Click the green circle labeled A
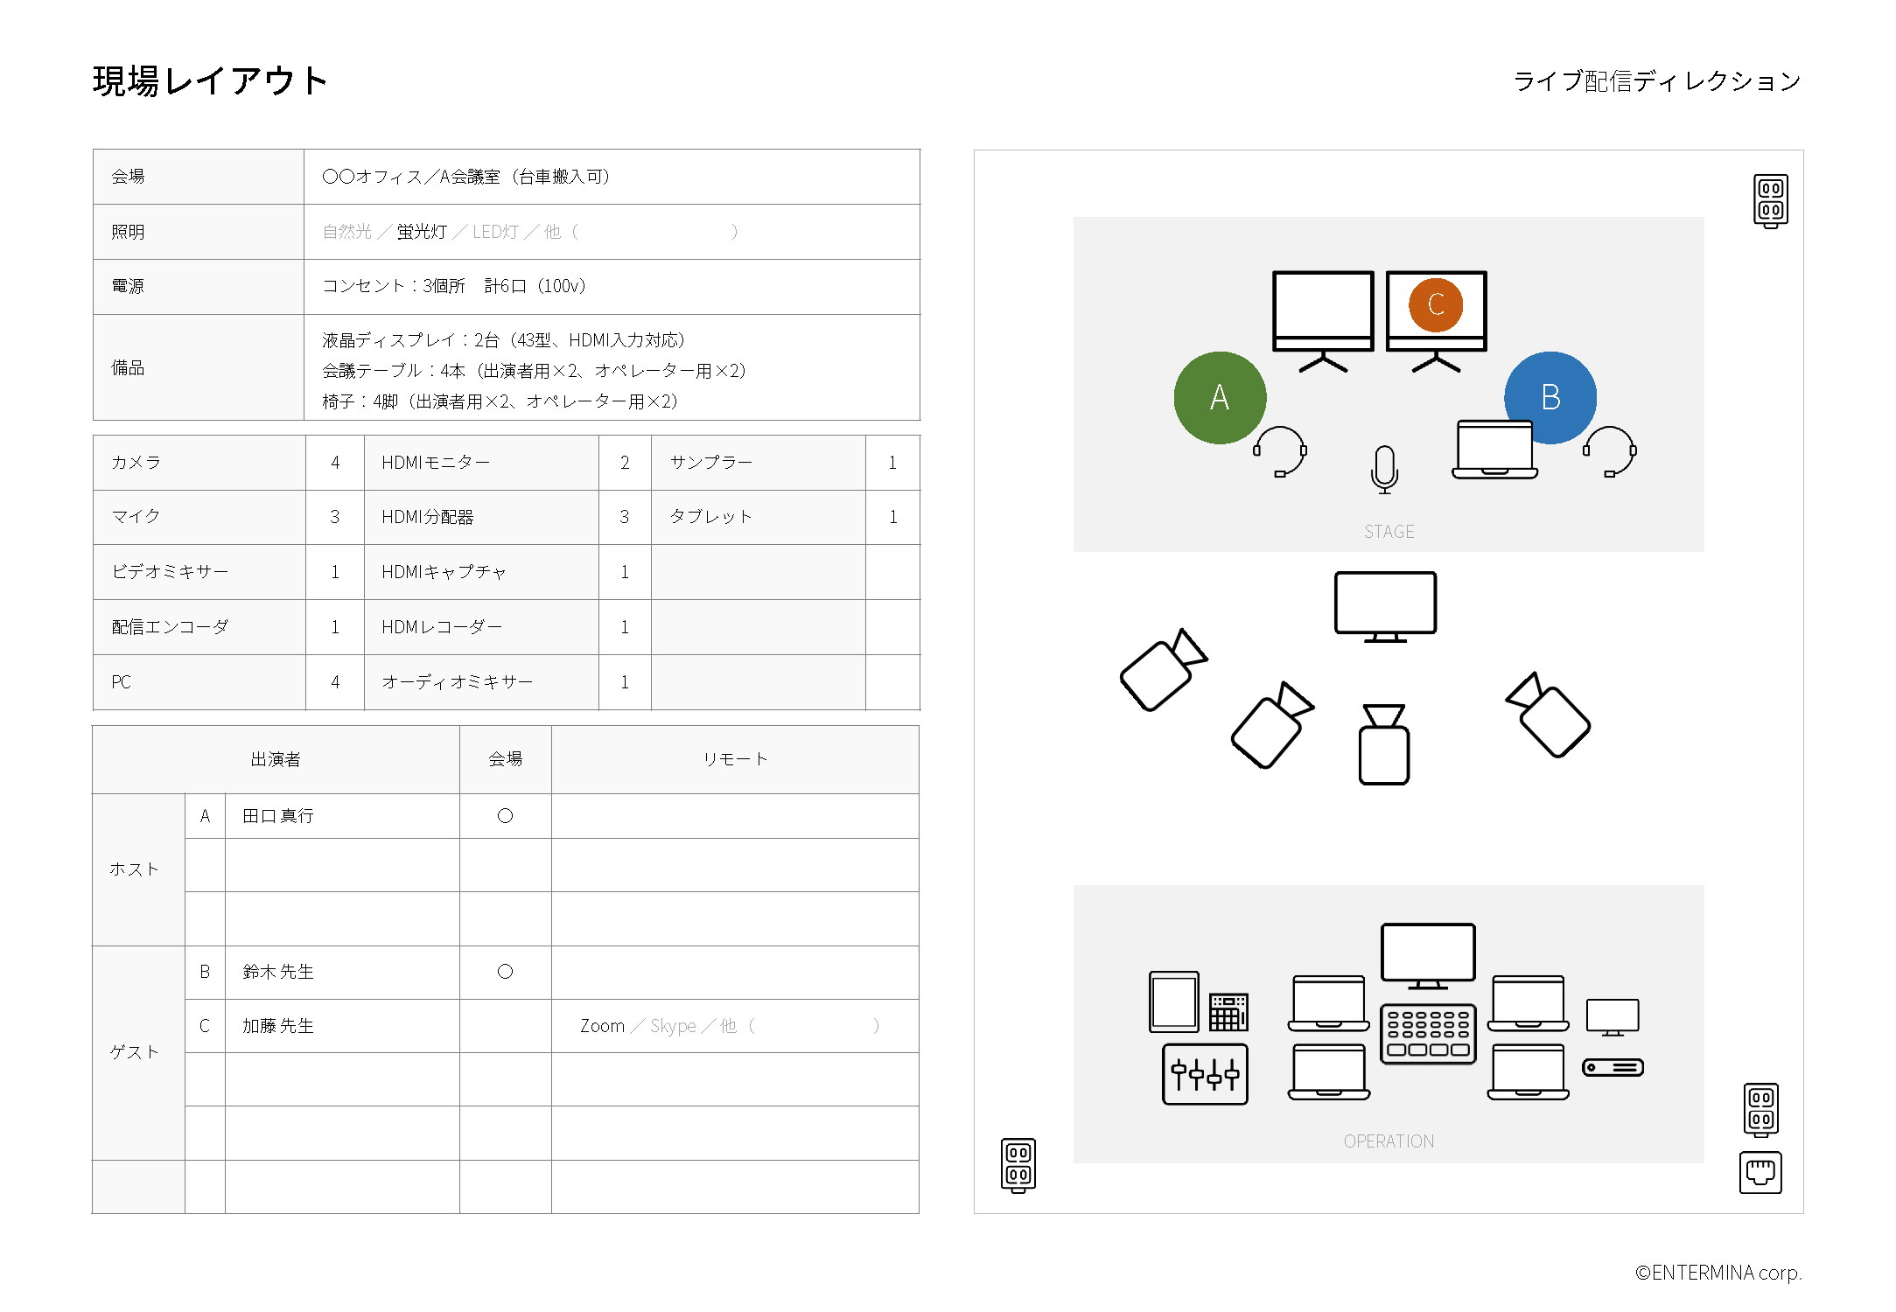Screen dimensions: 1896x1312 [1220, 398]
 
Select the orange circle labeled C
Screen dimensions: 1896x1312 [1436, 304]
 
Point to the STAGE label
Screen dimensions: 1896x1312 [1389, 532]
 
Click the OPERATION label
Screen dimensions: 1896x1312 [1389, 1141]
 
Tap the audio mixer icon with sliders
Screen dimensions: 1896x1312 [1205, 1074]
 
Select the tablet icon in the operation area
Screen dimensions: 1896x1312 [1173, 1002]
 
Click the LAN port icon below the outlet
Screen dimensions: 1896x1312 [1760, 1173]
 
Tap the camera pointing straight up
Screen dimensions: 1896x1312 [1384, 744]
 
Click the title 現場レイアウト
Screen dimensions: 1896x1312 [210, 81]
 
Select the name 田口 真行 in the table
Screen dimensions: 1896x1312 [278, 816]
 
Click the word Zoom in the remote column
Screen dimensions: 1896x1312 [603, 1026]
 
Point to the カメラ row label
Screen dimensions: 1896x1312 [136, 463]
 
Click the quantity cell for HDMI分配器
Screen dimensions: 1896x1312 [625, 517]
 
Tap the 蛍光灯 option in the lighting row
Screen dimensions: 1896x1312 [422, 232]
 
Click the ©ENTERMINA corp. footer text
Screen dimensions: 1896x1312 [1718, 1273]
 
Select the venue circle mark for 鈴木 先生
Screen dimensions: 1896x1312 [505, 972]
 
